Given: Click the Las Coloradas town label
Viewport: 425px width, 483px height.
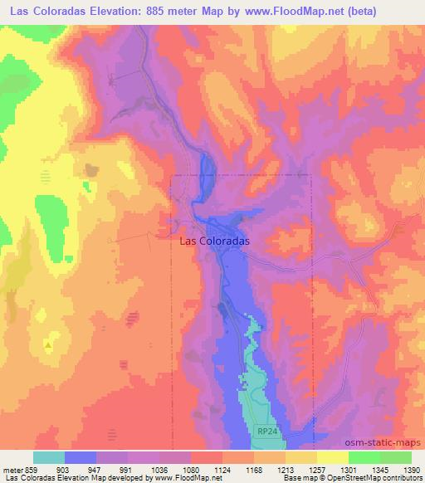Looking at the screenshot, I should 215,242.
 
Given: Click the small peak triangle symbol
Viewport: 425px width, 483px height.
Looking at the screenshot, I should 49,344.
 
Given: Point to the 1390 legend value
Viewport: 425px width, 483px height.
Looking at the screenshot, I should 411,469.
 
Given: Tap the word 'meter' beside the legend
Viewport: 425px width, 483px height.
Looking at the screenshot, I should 12,469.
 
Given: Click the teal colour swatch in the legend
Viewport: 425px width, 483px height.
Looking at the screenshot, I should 49,457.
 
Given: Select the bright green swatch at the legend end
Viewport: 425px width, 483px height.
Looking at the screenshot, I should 395,457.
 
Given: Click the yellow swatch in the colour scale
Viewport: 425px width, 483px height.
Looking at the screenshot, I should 332,457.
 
